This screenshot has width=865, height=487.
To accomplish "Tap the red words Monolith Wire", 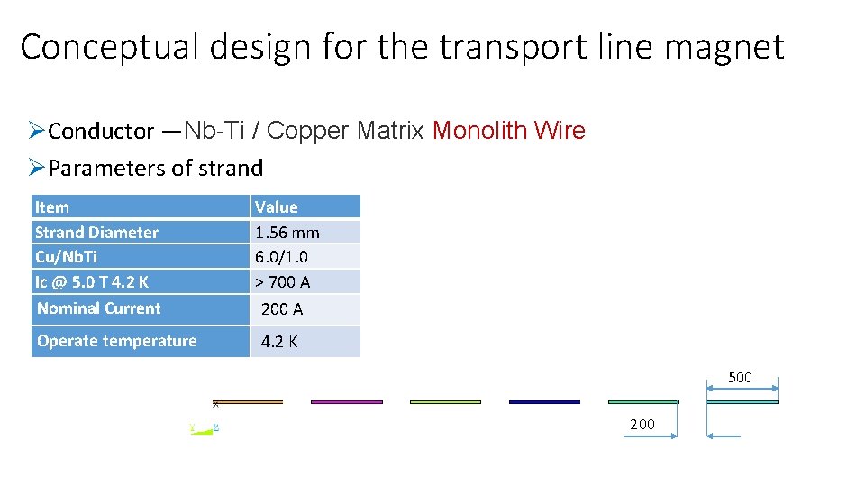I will click(509, 131).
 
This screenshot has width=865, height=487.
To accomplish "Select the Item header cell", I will click(51, 207).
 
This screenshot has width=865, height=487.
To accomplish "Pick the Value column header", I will click(277, 207).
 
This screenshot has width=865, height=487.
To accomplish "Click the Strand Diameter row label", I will click(96, 233).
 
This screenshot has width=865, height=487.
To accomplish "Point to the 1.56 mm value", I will click(287, 233).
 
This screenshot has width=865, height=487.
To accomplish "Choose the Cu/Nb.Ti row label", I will click(67, 257).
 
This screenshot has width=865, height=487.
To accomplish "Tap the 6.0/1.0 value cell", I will click(281, 257).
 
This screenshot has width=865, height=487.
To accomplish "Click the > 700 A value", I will click(283, 282).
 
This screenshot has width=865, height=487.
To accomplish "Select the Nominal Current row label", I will click(99, 308).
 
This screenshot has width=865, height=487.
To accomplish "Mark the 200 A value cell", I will click(282, 309).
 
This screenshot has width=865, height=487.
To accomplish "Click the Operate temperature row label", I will click(117, 341).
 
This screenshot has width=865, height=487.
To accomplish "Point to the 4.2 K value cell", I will click(279, 342).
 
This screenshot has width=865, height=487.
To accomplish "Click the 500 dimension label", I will click(740, 378).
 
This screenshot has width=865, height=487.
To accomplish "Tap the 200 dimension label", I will click(642, 424).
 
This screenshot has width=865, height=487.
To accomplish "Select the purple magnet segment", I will click(347, 402).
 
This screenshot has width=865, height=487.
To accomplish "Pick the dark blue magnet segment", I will click(544, 402).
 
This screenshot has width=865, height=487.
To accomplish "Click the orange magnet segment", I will click(248, 402).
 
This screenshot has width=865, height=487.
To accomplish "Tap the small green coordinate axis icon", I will click(205, 427).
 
